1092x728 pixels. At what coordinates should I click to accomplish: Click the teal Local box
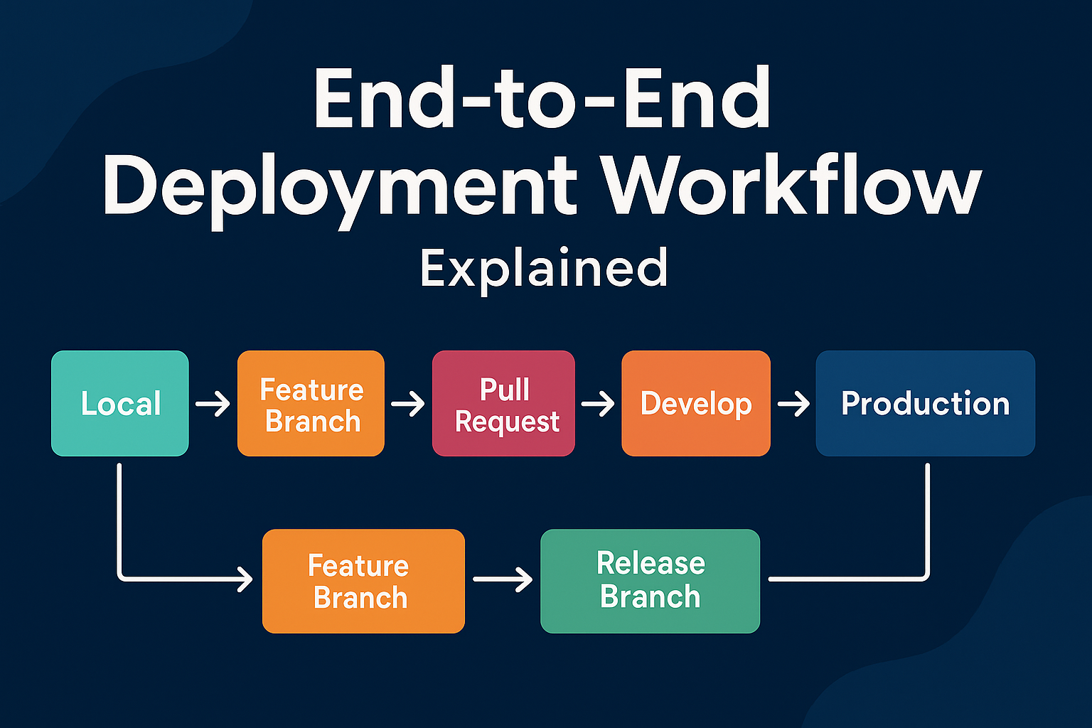tap(119, 403)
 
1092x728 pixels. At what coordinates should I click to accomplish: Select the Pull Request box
tap(503, 403)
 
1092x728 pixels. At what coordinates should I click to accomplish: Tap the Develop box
tap(695, 403)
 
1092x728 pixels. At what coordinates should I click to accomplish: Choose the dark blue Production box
tap(925, 403)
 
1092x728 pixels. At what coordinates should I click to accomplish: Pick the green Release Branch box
tap(650, 581)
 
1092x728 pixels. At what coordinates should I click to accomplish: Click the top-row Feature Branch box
tap(311, 403)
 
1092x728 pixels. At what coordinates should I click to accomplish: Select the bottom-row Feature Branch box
tap(363, 581)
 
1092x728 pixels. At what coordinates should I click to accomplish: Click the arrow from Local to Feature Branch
tap(213, 405)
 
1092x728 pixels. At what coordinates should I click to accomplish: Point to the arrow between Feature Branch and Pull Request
tap(407, 405)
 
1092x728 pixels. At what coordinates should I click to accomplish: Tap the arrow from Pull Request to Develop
tap(598, 405)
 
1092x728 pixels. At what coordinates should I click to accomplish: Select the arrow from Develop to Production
tap(793, 405)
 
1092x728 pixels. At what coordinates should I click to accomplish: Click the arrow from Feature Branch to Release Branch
tap(503, 579)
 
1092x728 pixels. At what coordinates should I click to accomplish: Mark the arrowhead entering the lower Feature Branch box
tap(245, 579)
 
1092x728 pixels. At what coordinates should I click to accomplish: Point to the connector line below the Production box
tap(928, 519)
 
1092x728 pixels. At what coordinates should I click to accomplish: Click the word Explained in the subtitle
tap(544, 268)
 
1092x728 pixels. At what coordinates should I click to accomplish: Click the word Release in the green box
tap(651, 563)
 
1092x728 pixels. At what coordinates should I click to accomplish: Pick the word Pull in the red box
tap(504, 390)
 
